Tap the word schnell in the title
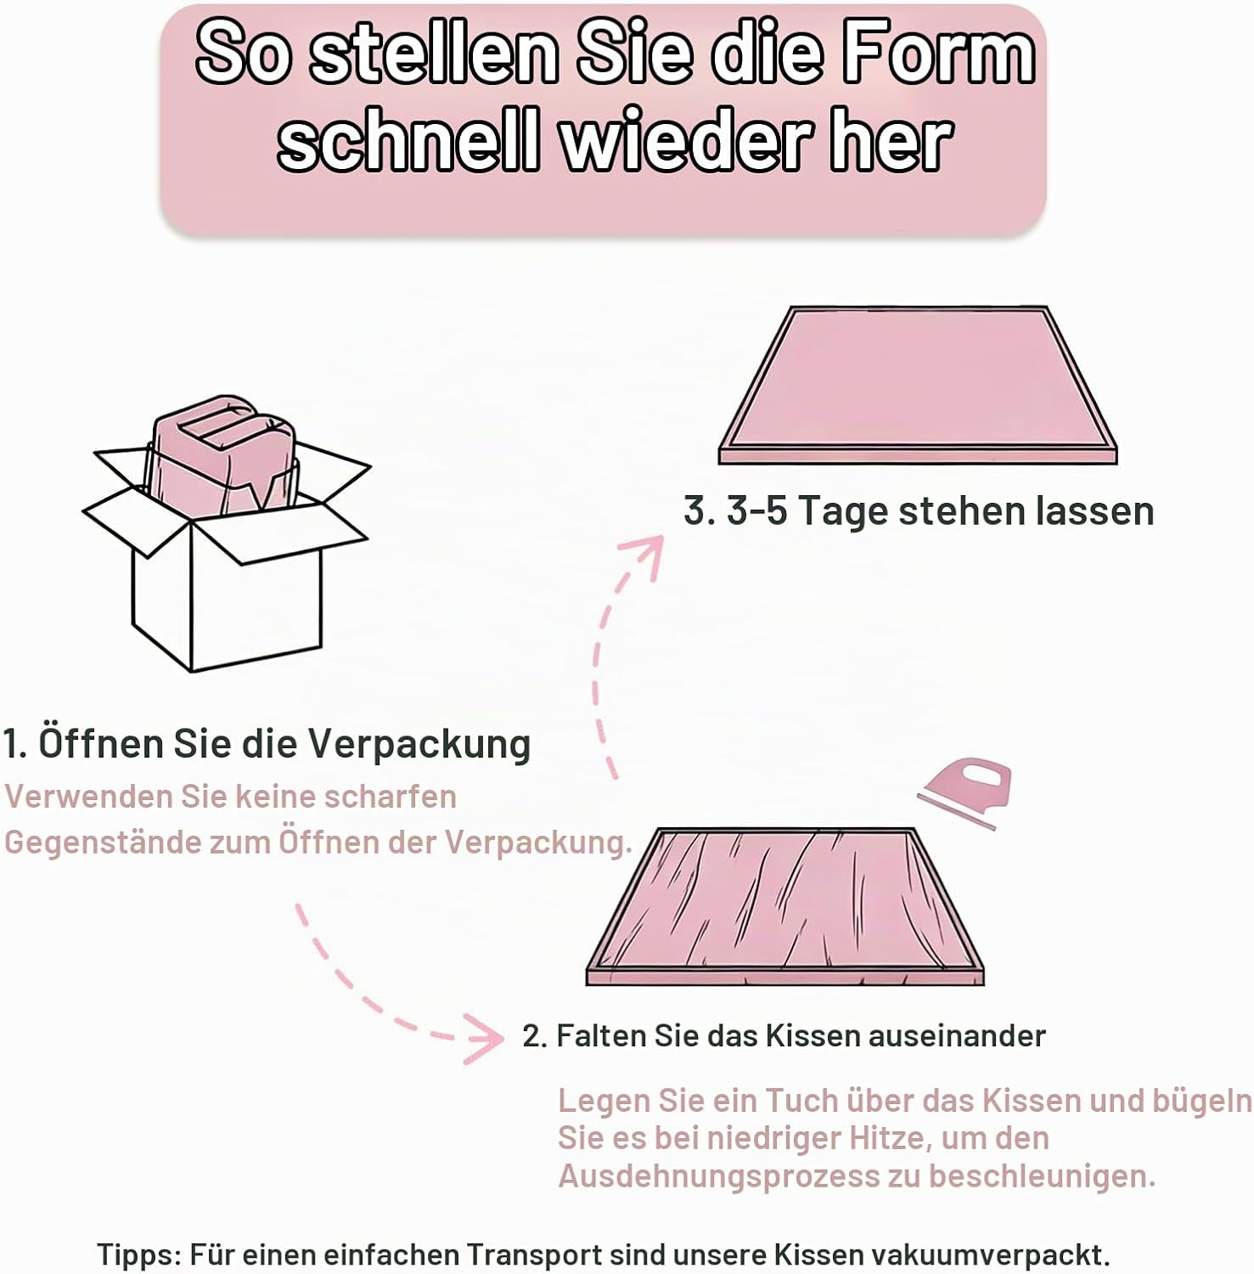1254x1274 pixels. (409, 140)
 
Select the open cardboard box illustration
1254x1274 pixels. (227, 533)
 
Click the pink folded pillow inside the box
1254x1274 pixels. (223, 454)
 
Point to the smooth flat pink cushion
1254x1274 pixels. (918, 385)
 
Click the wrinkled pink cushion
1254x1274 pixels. (784, 906)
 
